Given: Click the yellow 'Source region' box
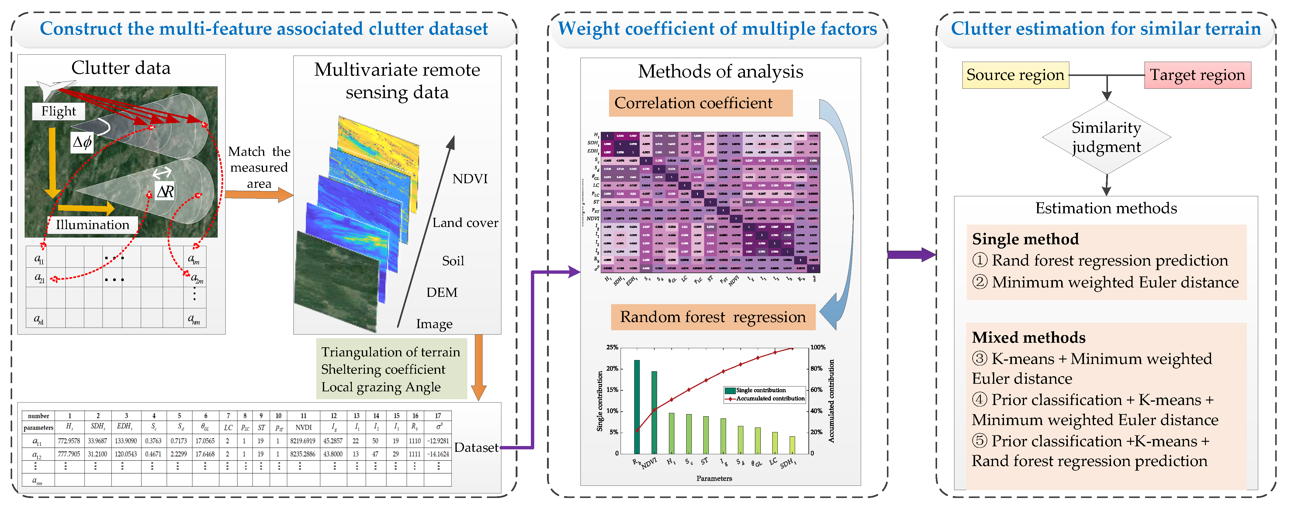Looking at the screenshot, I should click(x=1015, y=75).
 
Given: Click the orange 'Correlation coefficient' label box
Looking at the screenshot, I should click(x=700, y=103).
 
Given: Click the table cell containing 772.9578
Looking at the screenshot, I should click(x=69, y=441).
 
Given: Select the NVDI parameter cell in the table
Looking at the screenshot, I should click(x=303, y=427).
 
